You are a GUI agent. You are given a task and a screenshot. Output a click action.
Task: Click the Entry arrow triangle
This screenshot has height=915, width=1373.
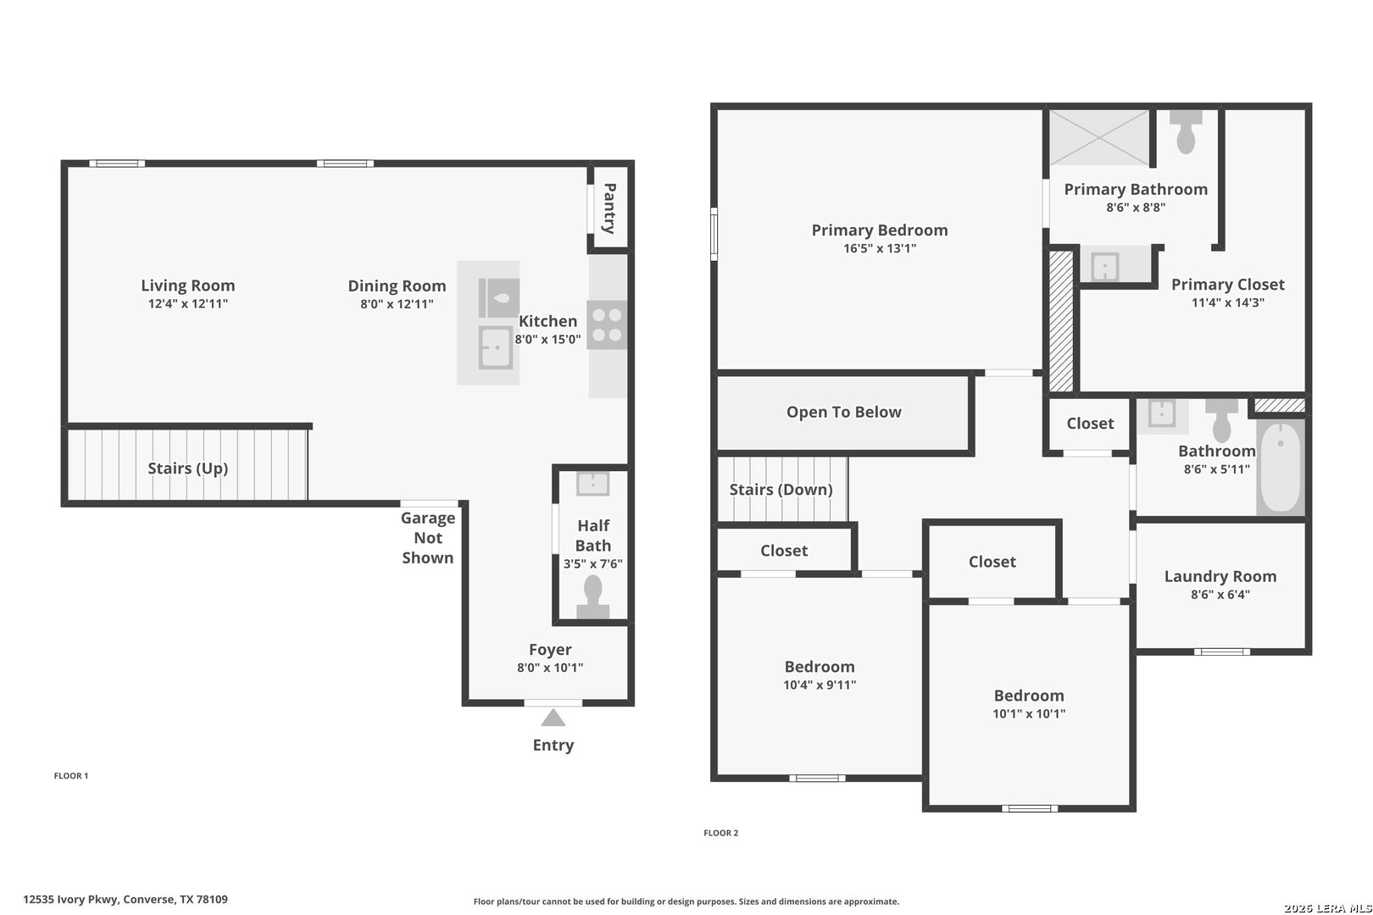click(553, 718)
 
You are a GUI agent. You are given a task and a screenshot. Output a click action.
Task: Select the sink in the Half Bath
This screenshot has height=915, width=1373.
click(592, 484)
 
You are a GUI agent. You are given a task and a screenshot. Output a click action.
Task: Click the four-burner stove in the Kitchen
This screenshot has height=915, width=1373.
click(607, 324)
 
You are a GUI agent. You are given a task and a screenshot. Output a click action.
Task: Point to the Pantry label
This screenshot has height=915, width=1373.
click(609, 208)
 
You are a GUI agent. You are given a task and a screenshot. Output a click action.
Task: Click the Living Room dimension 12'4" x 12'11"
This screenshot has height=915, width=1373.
click(188, 303)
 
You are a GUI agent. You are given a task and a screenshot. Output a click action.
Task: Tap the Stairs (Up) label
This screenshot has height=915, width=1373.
click(188, 468)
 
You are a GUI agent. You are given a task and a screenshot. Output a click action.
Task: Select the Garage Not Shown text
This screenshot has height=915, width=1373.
click(428, 537)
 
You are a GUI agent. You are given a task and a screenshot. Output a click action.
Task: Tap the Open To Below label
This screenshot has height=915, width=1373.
click(843, 412)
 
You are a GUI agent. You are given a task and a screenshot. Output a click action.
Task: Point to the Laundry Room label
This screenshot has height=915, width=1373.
click(1220, 576)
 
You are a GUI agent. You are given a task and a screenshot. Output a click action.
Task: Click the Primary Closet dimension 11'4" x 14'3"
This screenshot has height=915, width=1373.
click(1227, 302)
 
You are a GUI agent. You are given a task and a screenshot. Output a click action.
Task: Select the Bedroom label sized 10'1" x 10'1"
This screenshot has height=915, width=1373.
click(1029, 696)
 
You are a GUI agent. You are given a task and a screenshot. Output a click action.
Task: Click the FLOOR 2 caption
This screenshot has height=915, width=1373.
click(720, 833)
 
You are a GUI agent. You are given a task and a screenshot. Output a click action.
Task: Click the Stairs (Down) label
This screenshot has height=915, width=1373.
click(781, 490)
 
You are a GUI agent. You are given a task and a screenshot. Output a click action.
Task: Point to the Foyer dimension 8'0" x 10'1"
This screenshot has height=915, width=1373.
click(550, 668)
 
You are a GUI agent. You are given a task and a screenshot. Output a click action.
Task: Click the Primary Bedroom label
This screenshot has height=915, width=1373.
click(879, 230)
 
